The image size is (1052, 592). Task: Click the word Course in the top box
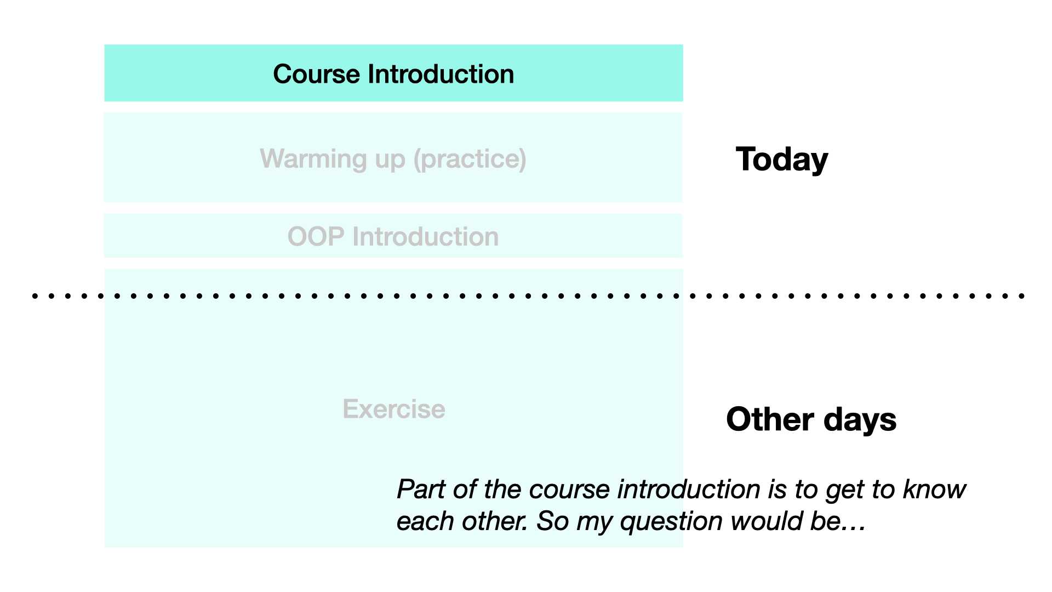pos(317,74)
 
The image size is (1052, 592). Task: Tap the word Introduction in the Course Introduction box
pos(441,74)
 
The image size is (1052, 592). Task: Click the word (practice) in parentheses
pos(470,160)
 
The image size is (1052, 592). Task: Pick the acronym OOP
pos(316,237)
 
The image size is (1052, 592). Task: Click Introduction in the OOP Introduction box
pos(426,237)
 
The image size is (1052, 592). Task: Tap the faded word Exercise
pos(394,409)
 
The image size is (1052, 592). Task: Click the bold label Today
pos(782,160)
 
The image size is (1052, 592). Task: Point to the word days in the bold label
pos(860,419)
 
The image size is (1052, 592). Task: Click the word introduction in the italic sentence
pos(689,489)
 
